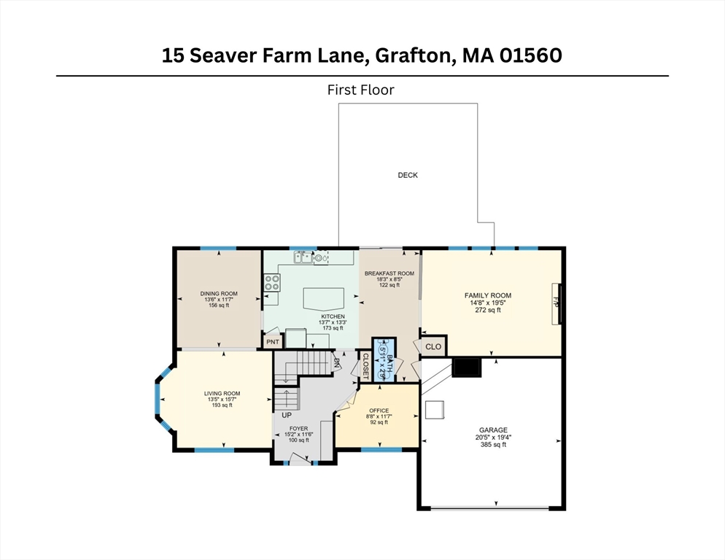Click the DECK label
pos(407,175)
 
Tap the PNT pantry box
pos(273,342)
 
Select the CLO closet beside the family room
pos(433,346)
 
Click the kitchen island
pos(324,299)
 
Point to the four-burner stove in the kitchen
pos(272,282)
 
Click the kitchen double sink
pos(303,257)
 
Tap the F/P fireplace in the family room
pos(557,303)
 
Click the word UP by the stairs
pos(287,415)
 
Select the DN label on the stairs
pos(337,364)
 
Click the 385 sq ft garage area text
pos(493,445)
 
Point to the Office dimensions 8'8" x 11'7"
pos(379,416)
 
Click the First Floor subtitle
pos(360,90)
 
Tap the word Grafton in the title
pos(413,55)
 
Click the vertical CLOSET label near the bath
pos(365,366)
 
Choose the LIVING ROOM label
pos(222,394)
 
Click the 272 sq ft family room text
pos(488,311)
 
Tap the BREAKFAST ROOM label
pos(389,273)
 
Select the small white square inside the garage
pos(435,410)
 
